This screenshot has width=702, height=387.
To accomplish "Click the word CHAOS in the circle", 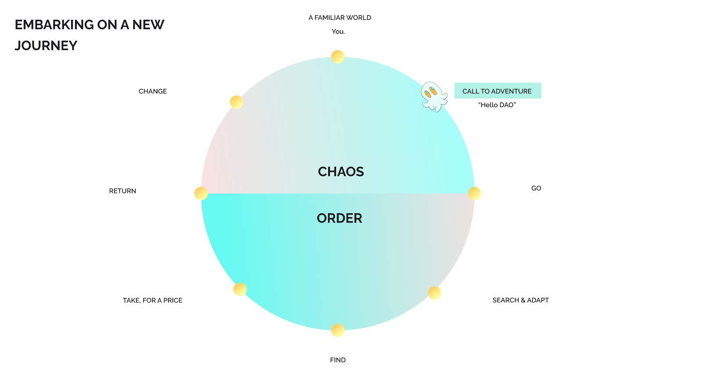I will tap(341, 172).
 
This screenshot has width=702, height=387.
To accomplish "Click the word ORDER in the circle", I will tap(340, 218).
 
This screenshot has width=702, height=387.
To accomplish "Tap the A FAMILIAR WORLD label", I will tap(340, 18).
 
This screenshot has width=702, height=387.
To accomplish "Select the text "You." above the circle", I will tap(338, 32).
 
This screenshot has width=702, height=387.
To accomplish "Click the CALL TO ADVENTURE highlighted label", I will tap(497, 91).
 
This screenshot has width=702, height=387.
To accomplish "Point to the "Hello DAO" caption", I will tap(497, 105).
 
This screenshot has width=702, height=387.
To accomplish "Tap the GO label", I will tap(536, 188).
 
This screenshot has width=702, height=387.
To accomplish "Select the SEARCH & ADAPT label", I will tap(520, 300).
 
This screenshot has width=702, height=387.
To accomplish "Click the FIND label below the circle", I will tap(338, 360).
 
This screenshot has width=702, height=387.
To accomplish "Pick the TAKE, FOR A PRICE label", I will tap(152, 300).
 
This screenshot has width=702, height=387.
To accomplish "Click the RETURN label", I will tap(122, 191).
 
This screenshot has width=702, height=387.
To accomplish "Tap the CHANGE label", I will tap(153, 91).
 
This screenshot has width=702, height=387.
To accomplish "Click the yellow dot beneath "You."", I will tap(338, 57).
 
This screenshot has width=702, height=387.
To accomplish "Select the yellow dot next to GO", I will tap(474, 193).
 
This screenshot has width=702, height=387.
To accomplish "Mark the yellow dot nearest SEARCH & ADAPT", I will tap(434, 293).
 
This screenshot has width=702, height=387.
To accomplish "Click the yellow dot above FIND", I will tap(338, 330).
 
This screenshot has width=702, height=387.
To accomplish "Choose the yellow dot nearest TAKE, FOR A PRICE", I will tap(240, 289).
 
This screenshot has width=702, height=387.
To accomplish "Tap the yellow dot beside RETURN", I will tap(201, 193).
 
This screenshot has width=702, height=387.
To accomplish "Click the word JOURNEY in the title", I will tap(46, 46).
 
